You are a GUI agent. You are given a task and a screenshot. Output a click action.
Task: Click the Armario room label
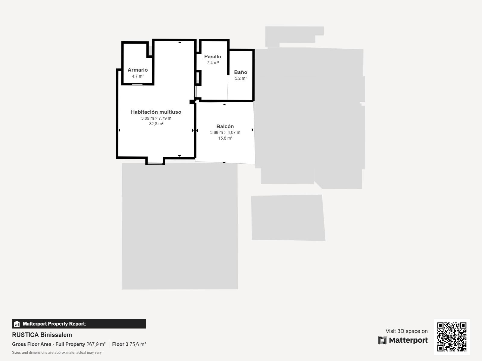138,70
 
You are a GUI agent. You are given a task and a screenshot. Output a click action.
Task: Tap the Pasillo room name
213,57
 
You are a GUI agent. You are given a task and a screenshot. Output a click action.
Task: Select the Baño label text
241,72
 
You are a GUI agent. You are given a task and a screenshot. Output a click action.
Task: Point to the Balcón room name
225,126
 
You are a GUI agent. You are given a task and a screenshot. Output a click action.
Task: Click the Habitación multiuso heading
156,112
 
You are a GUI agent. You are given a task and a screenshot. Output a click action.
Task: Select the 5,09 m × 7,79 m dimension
156,118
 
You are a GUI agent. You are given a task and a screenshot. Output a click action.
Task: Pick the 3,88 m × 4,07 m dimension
225,132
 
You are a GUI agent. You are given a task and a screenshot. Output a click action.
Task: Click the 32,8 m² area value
156,124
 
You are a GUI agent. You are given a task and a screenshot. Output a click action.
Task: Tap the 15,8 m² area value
225,138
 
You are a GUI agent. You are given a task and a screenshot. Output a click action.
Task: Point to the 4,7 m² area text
138,76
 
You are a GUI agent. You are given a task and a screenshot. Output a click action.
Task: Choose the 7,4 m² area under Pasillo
213,63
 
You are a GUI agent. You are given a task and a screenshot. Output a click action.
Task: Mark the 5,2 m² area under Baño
241,78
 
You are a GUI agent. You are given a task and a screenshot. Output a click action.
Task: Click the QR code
452,337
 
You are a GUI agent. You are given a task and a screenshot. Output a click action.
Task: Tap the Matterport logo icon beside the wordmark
382,340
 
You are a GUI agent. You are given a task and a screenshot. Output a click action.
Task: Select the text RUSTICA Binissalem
42,335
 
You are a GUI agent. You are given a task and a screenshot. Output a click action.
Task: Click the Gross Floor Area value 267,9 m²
96,344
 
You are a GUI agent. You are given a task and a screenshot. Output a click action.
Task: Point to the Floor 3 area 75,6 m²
138,344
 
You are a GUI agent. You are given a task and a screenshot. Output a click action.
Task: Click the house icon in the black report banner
17,324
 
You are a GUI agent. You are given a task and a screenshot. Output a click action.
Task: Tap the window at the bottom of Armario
137,84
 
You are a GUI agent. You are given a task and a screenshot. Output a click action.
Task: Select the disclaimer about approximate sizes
57,353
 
